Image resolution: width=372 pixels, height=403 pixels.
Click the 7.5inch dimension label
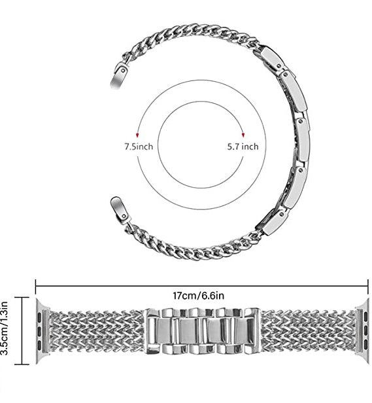click(x=139, y=147)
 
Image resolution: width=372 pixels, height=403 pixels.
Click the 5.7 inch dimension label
click(x=243, y=147)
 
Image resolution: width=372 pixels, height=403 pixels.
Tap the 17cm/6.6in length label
click(x=198, y=296)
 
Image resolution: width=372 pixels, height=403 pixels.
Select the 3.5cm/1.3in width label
click(x=5, y=328)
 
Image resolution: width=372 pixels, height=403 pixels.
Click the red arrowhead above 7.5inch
click(x=137, y=135)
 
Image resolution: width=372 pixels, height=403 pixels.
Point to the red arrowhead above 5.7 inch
click(x=243, y=135)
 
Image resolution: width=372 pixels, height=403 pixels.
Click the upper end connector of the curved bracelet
click(x=119, y=76)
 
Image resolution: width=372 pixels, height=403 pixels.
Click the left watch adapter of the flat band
click(x=42, y=331)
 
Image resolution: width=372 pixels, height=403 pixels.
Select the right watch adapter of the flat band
click(x=362, y=331)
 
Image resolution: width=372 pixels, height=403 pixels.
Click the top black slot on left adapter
click(x=40, y=315)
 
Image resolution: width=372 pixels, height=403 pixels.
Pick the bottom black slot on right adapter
click(x=365, y=344)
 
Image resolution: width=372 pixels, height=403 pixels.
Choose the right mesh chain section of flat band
click(x=309, y=331)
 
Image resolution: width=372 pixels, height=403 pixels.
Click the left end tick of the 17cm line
click(x=35, y=286)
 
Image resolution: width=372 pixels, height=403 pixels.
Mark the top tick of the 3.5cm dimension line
click(x=22, y=298)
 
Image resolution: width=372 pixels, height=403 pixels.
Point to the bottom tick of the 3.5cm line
click(x=22, y=364)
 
